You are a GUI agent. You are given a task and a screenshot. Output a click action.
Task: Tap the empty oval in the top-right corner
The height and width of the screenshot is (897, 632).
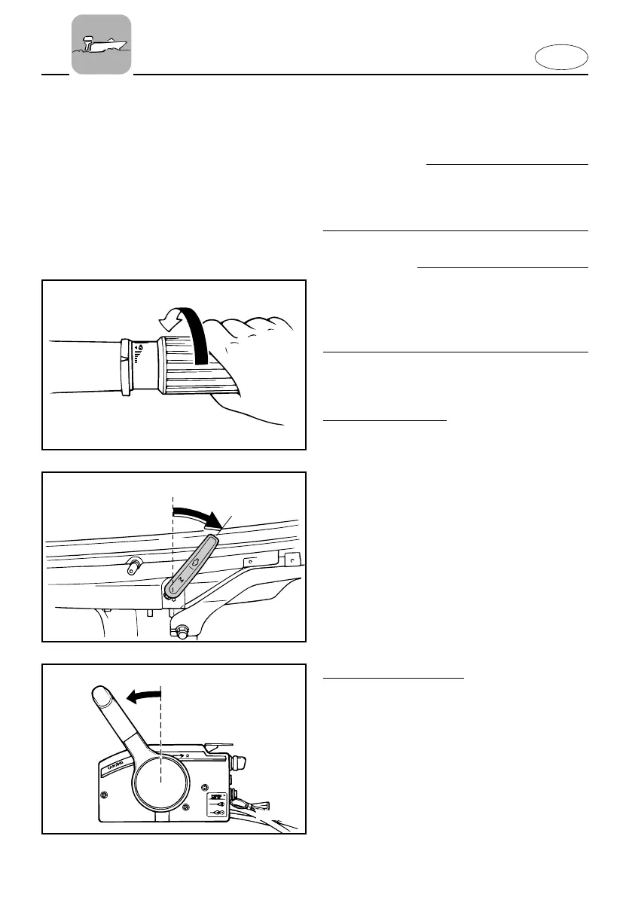click(562, 57)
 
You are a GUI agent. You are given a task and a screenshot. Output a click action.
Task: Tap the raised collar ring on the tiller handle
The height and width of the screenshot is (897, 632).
click(124, 368)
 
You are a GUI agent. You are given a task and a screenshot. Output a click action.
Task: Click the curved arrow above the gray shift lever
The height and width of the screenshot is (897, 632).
click(199, 516)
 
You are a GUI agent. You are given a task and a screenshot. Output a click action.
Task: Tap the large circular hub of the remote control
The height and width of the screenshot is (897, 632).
click(161, 781)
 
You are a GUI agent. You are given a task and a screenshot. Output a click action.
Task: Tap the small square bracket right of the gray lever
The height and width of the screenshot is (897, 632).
click(287, 560)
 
